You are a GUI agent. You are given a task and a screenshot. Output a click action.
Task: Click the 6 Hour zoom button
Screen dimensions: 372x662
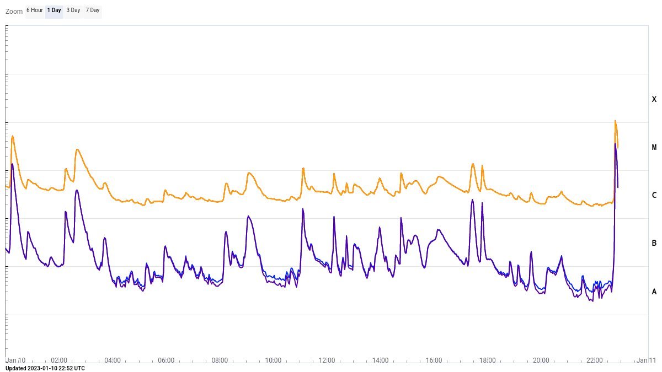[x=35, y=10]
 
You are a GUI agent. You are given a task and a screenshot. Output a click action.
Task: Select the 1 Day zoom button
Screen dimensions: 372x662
[x=54, y=10]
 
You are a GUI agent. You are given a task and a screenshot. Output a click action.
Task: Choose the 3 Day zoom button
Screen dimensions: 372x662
[x=73, y=10]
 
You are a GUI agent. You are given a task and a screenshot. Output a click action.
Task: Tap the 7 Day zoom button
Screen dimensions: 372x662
[x=92, y=10]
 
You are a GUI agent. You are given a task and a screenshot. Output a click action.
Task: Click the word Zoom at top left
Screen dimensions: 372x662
[x=14, y=11]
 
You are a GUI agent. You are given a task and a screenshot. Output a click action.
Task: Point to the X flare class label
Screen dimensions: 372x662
[x=654, y=99]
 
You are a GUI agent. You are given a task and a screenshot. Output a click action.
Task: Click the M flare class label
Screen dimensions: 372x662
[x=654, y=147]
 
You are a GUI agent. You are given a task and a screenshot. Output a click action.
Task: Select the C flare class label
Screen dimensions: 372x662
[x=654, y=195]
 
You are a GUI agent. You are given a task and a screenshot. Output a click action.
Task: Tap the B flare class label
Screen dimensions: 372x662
[x=654, y=243]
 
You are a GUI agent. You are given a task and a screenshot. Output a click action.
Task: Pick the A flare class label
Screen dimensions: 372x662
[x=654, y=292]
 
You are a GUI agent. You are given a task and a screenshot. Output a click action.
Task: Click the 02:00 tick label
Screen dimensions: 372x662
[x=59, y=360]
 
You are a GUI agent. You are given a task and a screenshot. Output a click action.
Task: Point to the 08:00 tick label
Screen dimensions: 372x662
[x=220, y=360]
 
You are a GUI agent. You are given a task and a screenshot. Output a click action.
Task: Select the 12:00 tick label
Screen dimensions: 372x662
[x=327, y=360]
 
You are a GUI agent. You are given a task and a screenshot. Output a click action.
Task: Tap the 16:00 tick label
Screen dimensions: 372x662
[x=434, y=360]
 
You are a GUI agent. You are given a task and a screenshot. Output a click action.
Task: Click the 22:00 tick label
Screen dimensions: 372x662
[x=594, y=360]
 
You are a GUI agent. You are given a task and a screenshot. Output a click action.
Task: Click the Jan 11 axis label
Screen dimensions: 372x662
[x=645, y=360]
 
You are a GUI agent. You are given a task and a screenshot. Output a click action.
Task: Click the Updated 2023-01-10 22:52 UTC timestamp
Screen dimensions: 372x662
[x=45, y=368]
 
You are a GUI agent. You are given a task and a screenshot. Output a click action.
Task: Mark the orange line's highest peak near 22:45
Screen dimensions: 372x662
[x=615, y=121]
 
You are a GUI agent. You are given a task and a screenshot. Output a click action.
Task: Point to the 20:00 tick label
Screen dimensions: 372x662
[x=541, y=360]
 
